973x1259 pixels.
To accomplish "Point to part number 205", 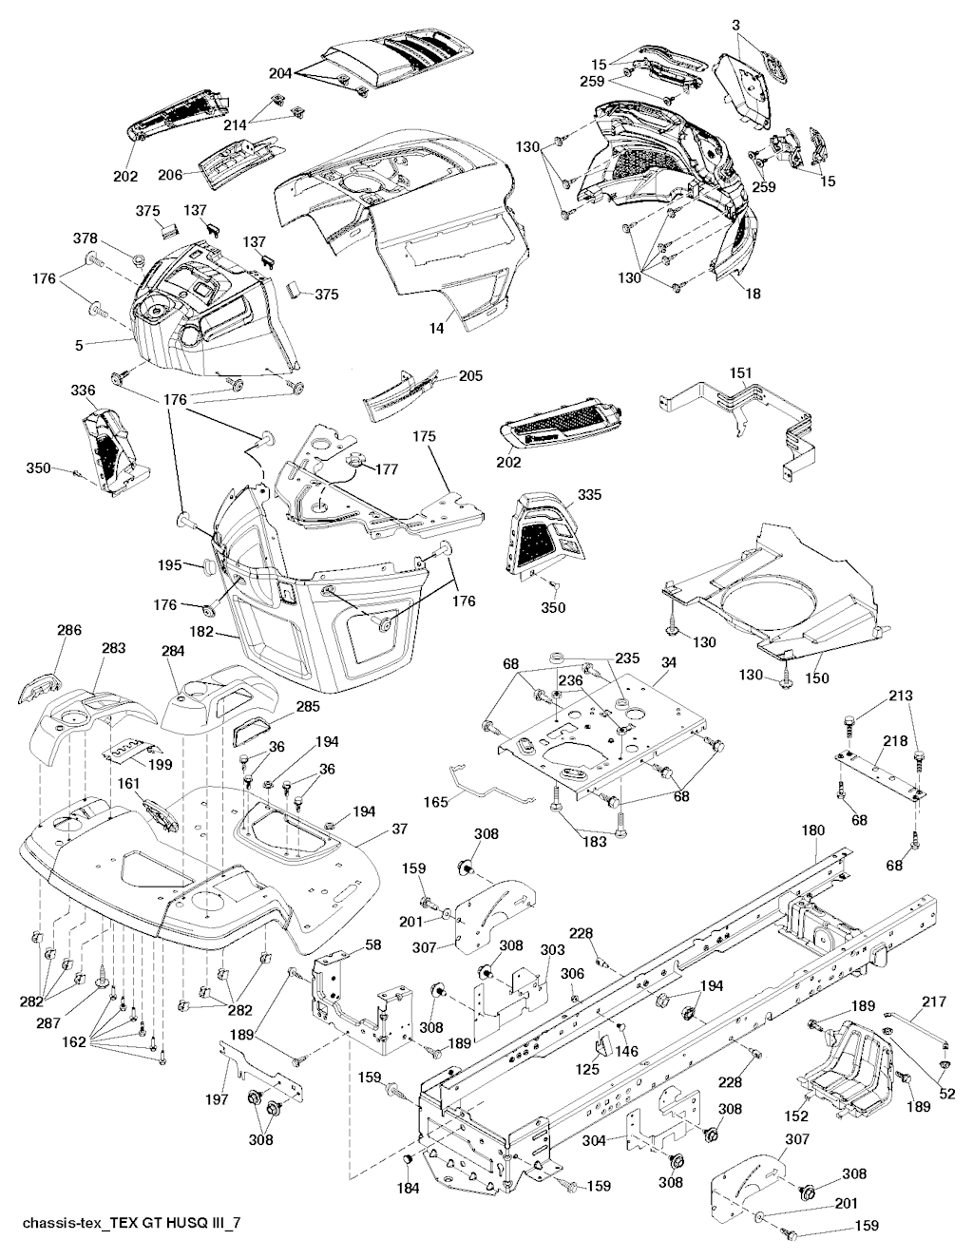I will (x=469, y=376).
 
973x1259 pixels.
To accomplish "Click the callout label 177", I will (x=386, y=469).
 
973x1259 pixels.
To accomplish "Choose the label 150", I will (x=817, y=678).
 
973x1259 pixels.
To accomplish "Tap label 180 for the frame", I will (x=812, y=830).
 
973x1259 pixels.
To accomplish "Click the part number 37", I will (x=399, y=830).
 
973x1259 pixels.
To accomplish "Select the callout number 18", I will (x=753, y=295).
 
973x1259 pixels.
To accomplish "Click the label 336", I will (x=84, y=391).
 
